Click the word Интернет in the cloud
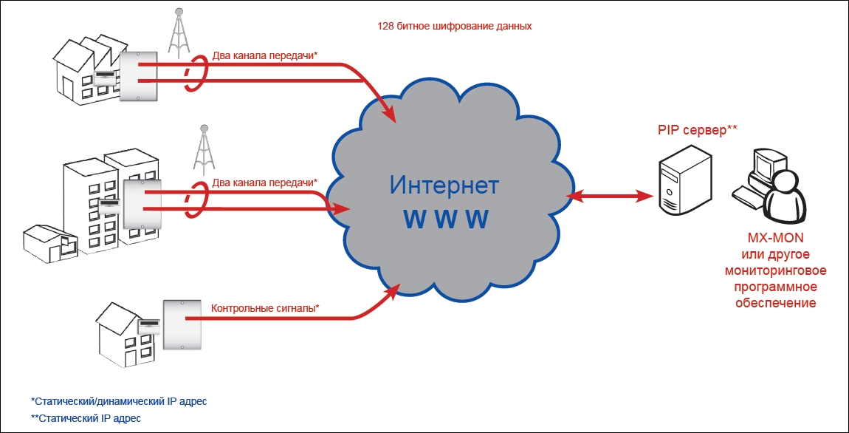[444, 184]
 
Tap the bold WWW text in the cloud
[445, 219]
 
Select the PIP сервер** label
[698, 130]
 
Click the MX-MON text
[783, 238]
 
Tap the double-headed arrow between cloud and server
[611, 196]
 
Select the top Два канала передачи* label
[264, 55]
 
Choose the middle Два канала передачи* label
[264, 182]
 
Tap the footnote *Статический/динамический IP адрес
[119, 401]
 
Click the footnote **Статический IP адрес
[86, 418]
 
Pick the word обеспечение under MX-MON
[782, 303]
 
